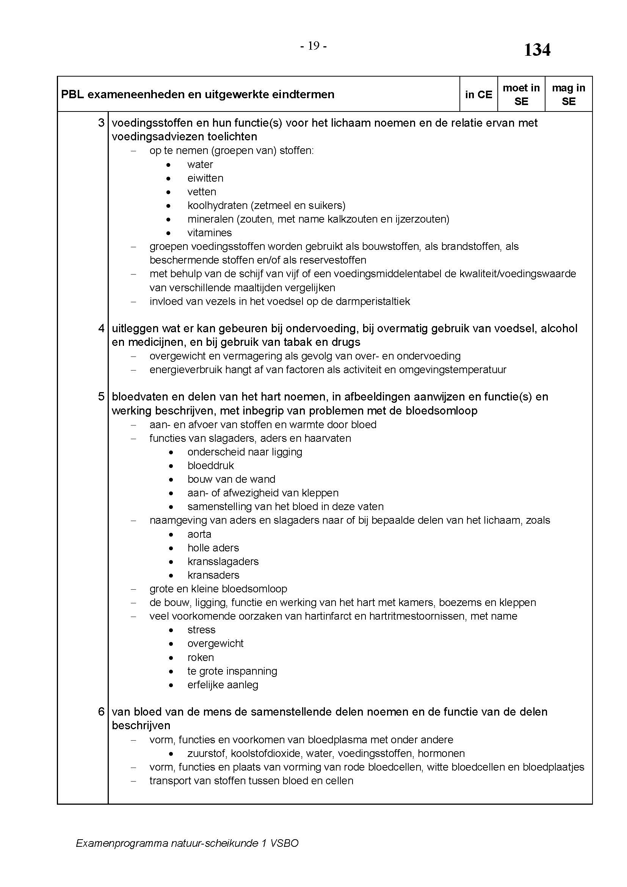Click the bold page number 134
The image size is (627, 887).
pos(537,50)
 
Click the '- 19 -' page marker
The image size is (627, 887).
pos(313,46)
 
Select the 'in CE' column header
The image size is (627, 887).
pos(478,95)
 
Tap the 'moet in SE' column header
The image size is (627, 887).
pos(521,95)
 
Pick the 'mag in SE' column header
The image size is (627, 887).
pos(568,95)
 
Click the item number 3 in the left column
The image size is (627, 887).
pos(101,123)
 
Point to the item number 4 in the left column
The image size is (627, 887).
pos(101,328)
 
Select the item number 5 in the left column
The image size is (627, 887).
pos(101,397)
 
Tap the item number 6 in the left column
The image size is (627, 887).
pos(101,711)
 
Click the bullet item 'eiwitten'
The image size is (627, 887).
pos(205,178)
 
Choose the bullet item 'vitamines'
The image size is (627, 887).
pos(209,233)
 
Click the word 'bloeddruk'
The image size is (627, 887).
pos(210,466)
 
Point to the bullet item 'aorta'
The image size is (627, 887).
pos(199,534)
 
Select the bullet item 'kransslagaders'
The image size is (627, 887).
pos(223,562)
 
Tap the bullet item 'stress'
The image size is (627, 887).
pos(201,630)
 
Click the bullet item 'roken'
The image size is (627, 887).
pos(201,658)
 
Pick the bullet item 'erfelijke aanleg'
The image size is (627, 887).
pos(223,685)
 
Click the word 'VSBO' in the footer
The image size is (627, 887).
pos(285,843)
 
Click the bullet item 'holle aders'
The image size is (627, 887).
pos(213,548)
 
